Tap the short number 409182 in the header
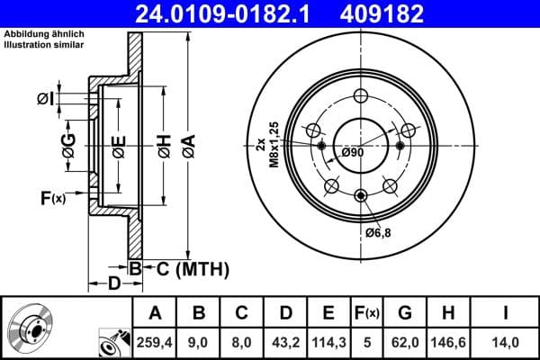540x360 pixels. (x=406, y=13)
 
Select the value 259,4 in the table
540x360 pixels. (x=155, y=341)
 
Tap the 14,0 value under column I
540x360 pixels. (x=507, y=341)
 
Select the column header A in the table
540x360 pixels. (x=155, y=313)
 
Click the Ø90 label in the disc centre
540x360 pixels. (x=352, y=152)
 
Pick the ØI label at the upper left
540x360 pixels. (x=47, y=98)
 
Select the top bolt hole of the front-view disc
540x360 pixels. (x=361, y=97)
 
